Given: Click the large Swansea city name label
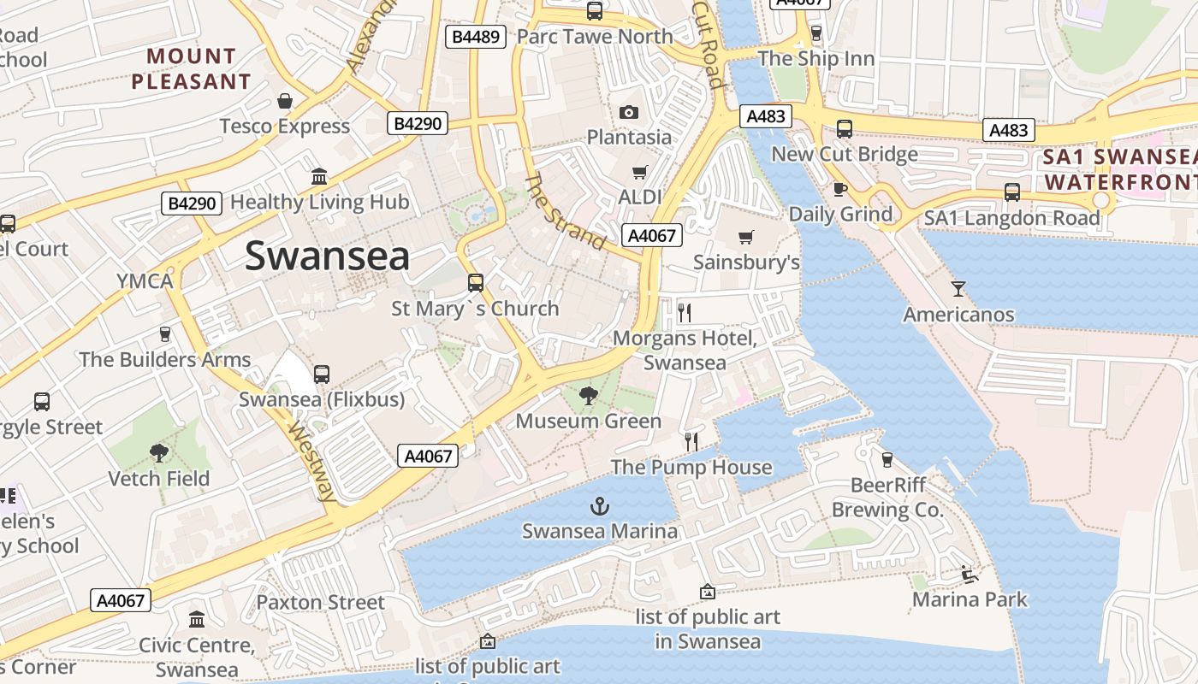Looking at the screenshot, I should coord(327,256).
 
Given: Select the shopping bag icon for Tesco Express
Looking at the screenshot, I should coord(285,101).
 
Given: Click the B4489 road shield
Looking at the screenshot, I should coord(477,36).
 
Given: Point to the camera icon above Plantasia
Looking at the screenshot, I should coord(629,113).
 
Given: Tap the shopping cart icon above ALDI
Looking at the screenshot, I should coord(639,173).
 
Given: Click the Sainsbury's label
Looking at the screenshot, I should coord(746,262).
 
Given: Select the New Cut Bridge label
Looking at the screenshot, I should coord(844,154).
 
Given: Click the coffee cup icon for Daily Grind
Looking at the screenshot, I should coord(839,189).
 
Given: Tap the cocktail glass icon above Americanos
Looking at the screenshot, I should coord(958,289).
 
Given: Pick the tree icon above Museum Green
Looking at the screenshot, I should coord(588,395).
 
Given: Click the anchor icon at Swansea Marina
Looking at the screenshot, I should coord(600,506).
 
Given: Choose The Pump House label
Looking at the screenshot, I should coord(691,467).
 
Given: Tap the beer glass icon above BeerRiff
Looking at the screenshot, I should coord(887,460).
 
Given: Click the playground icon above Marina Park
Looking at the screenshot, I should coord(969,574).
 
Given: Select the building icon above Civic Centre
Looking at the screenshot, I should coord(197,619).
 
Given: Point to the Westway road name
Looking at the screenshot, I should coord(311,461).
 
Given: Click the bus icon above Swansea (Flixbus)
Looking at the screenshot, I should coord(322,374).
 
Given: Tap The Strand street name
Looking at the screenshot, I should coord(564,210).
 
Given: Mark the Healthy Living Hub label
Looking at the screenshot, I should coord(320,202).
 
